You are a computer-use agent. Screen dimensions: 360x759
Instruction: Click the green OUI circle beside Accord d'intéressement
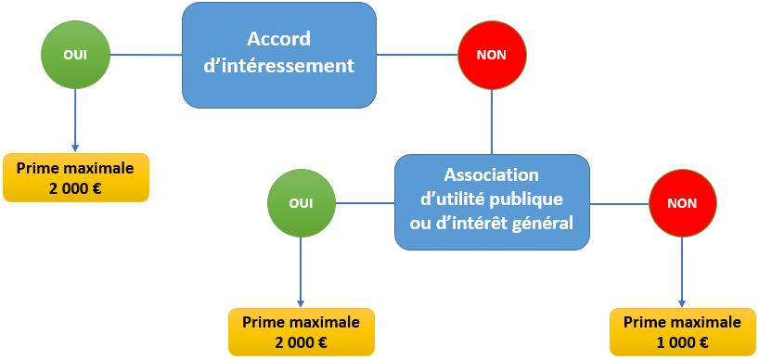pos(75,55)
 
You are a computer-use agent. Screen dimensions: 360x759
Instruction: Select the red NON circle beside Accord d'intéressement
pos(492,55)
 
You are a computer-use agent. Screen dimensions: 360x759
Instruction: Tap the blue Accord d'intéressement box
pos(278,54)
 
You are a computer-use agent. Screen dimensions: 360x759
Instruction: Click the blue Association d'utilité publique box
pos(492,201)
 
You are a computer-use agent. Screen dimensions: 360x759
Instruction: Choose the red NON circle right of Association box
pos(682,203)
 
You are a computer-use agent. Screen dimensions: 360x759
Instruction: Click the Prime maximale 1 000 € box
pos(682,332)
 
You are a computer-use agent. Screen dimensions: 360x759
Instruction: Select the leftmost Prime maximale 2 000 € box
pos(75,177)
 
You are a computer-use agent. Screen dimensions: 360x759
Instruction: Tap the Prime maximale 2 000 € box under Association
pos(302,332)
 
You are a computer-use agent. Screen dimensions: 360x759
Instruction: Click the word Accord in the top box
pos(278,40)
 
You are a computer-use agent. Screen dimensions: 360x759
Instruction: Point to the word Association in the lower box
pos(492,175)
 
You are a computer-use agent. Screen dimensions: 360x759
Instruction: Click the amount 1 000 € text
pos(682,342)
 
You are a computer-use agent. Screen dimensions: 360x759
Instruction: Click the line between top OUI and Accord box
pos(146,55)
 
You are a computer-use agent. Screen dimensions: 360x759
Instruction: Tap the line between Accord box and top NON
pos(418,55)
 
